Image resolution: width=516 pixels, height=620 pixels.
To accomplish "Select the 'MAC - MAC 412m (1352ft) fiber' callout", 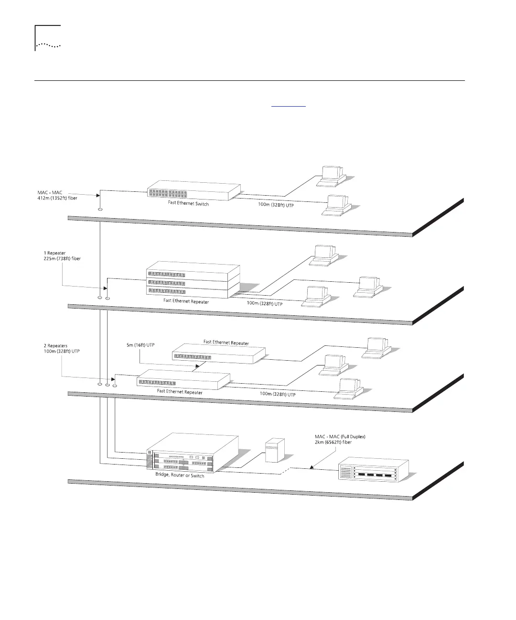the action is (x=57, y=195).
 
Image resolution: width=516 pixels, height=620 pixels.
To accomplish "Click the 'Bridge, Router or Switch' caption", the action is (x=180, y=476).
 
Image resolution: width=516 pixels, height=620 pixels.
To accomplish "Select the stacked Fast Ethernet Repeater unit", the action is (x=193, y=280).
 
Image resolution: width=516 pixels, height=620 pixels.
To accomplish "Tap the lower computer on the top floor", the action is (x=337, y=205).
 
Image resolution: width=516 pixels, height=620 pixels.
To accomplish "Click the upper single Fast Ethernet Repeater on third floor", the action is (x=218, y=353).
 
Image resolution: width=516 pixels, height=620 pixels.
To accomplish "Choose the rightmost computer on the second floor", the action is (x=368, y=286).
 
